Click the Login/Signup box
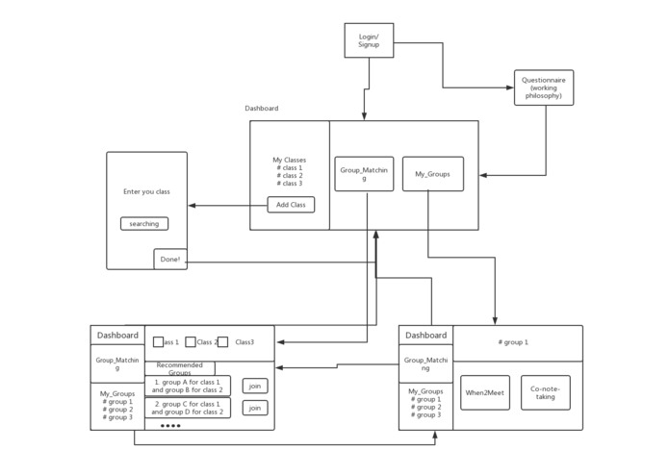tap(369, 40)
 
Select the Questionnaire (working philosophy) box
tap(544, 87)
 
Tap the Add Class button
tap(291, 205)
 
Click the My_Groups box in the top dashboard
tap(432, 174)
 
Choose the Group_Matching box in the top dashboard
tap(364, 174)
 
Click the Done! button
tap(170, 260)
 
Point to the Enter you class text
tap(146, 191)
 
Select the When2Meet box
tap(485, 392)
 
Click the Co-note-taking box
tap(545, 392)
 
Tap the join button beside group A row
tap(255, 386)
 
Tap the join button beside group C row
tap(255, 408)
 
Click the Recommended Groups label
tap(180, 368)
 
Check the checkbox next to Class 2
tap(191, 341)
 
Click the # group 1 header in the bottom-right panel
tap(513, 341)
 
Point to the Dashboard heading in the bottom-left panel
tap(117, 336)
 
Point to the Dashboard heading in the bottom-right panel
tap(425, 336)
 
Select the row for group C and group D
tap(188, 408)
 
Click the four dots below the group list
tap(170, 425)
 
